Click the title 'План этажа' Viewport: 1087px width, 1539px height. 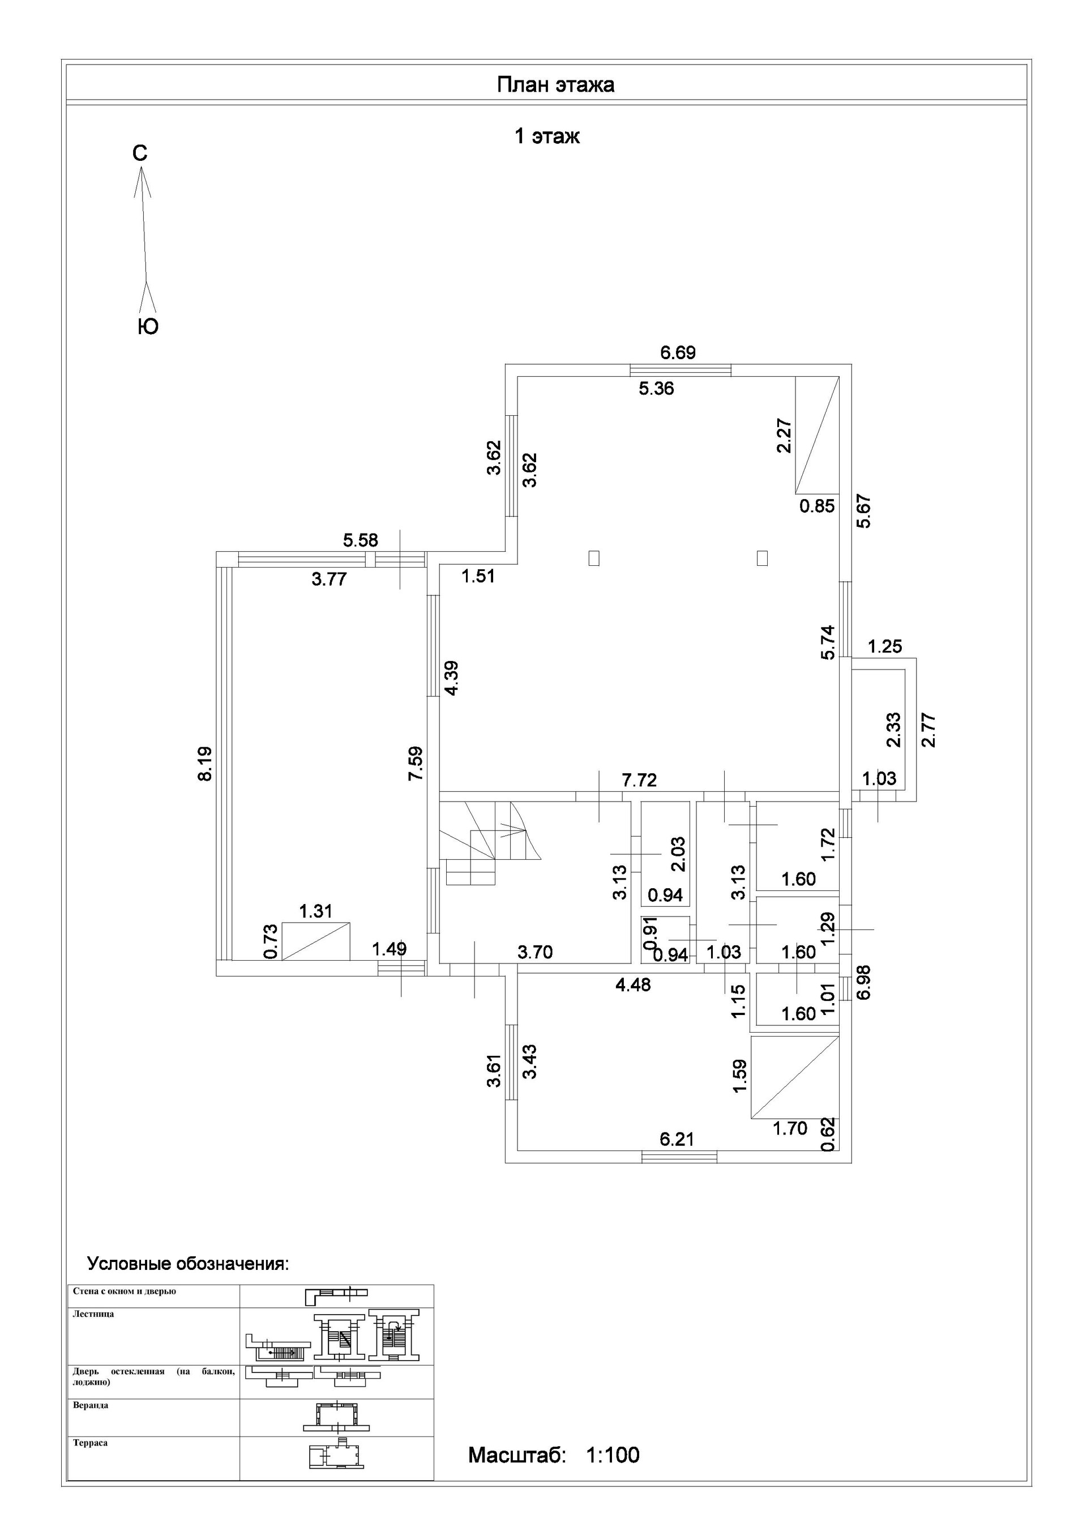555,85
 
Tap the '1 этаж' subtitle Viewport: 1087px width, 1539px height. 547,137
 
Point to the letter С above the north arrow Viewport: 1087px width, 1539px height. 139,154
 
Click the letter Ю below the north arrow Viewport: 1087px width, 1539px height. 148,326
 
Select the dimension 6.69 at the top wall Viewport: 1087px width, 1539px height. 678,352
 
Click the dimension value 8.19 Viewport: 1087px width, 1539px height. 205,764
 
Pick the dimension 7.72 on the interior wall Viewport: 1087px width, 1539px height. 639,779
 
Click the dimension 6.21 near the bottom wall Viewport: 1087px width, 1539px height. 677,1139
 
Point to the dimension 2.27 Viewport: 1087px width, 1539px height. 785,436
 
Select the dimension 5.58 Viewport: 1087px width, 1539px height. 361,540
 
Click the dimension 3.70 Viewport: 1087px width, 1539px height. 535,952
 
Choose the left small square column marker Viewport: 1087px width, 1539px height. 594,558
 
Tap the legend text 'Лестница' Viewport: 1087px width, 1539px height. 93,1314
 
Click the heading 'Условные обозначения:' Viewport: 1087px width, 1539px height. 189,1264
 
